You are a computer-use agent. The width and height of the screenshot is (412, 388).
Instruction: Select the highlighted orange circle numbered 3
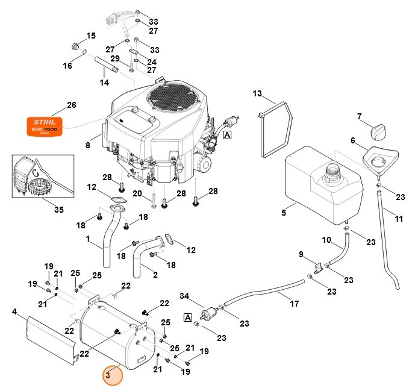(112, 375)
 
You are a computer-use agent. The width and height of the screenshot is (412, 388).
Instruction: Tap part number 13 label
(257, 93)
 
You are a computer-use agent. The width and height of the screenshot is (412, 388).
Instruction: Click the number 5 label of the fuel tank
(284, 212)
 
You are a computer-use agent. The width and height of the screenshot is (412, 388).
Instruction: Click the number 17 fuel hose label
(295, 304)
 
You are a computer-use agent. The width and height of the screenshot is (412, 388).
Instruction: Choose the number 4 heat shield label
(14, 312)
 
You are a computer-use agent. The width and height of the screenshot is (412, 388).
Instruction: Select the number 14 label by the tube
(104, 82)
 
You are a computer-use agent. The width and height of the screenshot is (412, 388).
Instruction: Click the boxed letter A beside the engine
(227, 135)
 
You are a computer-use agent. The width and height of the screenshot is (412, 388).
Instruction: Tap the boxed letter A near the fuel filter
(188, 317)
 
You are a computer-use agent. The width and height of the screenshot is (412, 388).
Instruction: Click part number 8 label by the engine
(88, 145)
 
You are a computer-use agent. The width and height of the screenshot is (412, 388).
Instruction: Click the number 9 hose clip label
(301, 254)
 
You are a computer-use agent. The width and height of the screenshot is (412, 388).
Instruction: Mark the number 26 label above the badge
(72, 105)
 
